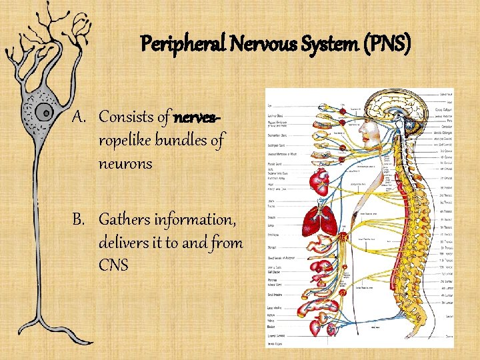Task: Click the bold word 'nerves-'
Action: [197, 117]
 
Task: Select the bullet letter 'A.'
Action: [81, 117]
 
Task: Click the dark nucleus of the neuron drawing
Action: [44, 111]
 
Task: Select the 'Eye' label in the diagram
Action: [270, 106]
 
